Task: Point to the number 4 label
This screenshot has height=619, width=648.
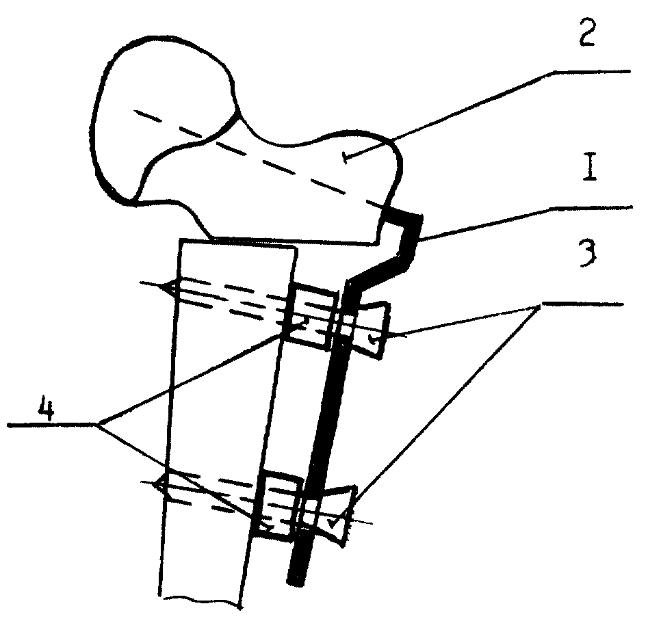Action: [x=47, y=407]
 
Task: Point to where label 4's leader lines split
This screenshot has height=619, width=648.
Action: [x=98, y=424]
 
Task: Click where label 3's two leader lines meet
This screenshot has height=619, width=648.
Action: [x=540, y=305]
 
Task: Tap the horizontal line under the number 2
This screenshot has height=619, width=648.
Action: [x=592, y=72]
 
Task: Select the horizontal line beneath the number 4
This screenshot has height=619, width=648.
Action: [x=52, y=424]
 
